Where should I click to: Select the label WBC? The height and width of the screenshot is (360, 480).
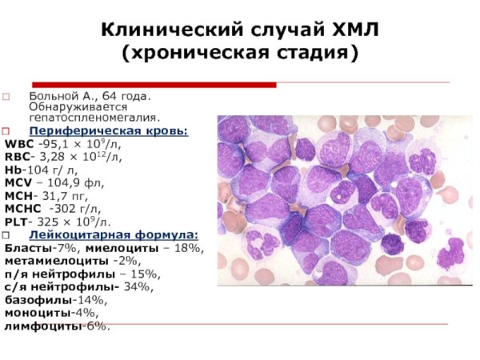point(19,144)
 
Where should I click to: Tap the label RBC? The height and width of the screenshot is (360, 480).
point(18,158)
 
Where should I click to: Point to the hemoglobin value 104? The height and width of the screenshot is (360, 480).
point(38,170)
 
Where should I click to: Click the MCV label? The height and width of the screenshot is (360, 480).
point(18,183)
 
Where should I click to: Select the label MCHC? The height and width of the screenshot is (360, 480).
point(23,209)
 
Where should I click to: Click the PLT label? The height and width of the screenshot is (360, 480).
point(17,222)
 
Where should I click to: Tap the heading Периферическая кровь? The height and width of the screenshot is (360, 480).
point(109,130)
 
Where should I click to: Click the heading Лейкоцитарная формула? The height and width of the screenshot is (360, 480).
point(114,234)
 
